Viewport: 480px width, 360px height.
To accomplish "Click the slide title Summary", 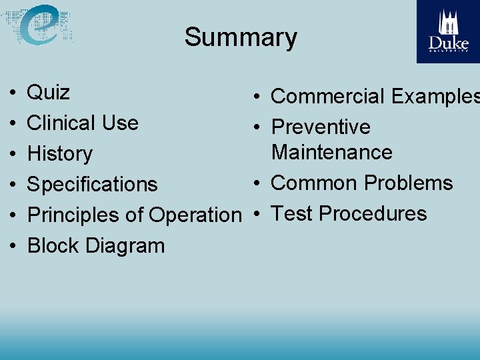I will (241, 37).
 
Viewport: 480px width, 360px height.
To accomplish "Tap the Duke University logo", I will (448, 31).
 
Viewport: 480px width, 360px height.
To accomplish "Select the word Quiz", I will (49, 92).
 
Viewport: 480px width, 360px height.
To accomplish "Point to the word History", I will (60, 154).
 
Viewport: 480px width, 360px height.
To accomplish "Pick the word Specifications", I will (92, 185).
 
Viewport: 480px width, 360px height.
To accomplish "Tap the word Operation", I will (195, 215).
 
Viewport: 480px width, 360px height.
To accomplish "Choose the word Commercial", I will (328, 97).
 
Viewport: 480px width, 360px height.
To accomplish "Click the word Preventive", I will (321, 127).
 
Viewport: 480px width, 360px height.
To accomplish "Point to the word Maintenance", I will (332, 152).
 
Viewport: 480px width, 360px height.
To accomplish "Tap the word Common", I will (313, 183).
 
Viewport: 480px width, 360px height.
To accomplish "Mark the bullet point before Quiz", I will (13, 93).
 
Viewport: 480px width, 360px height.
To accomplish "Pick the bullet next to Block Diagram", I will (13, 246).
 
